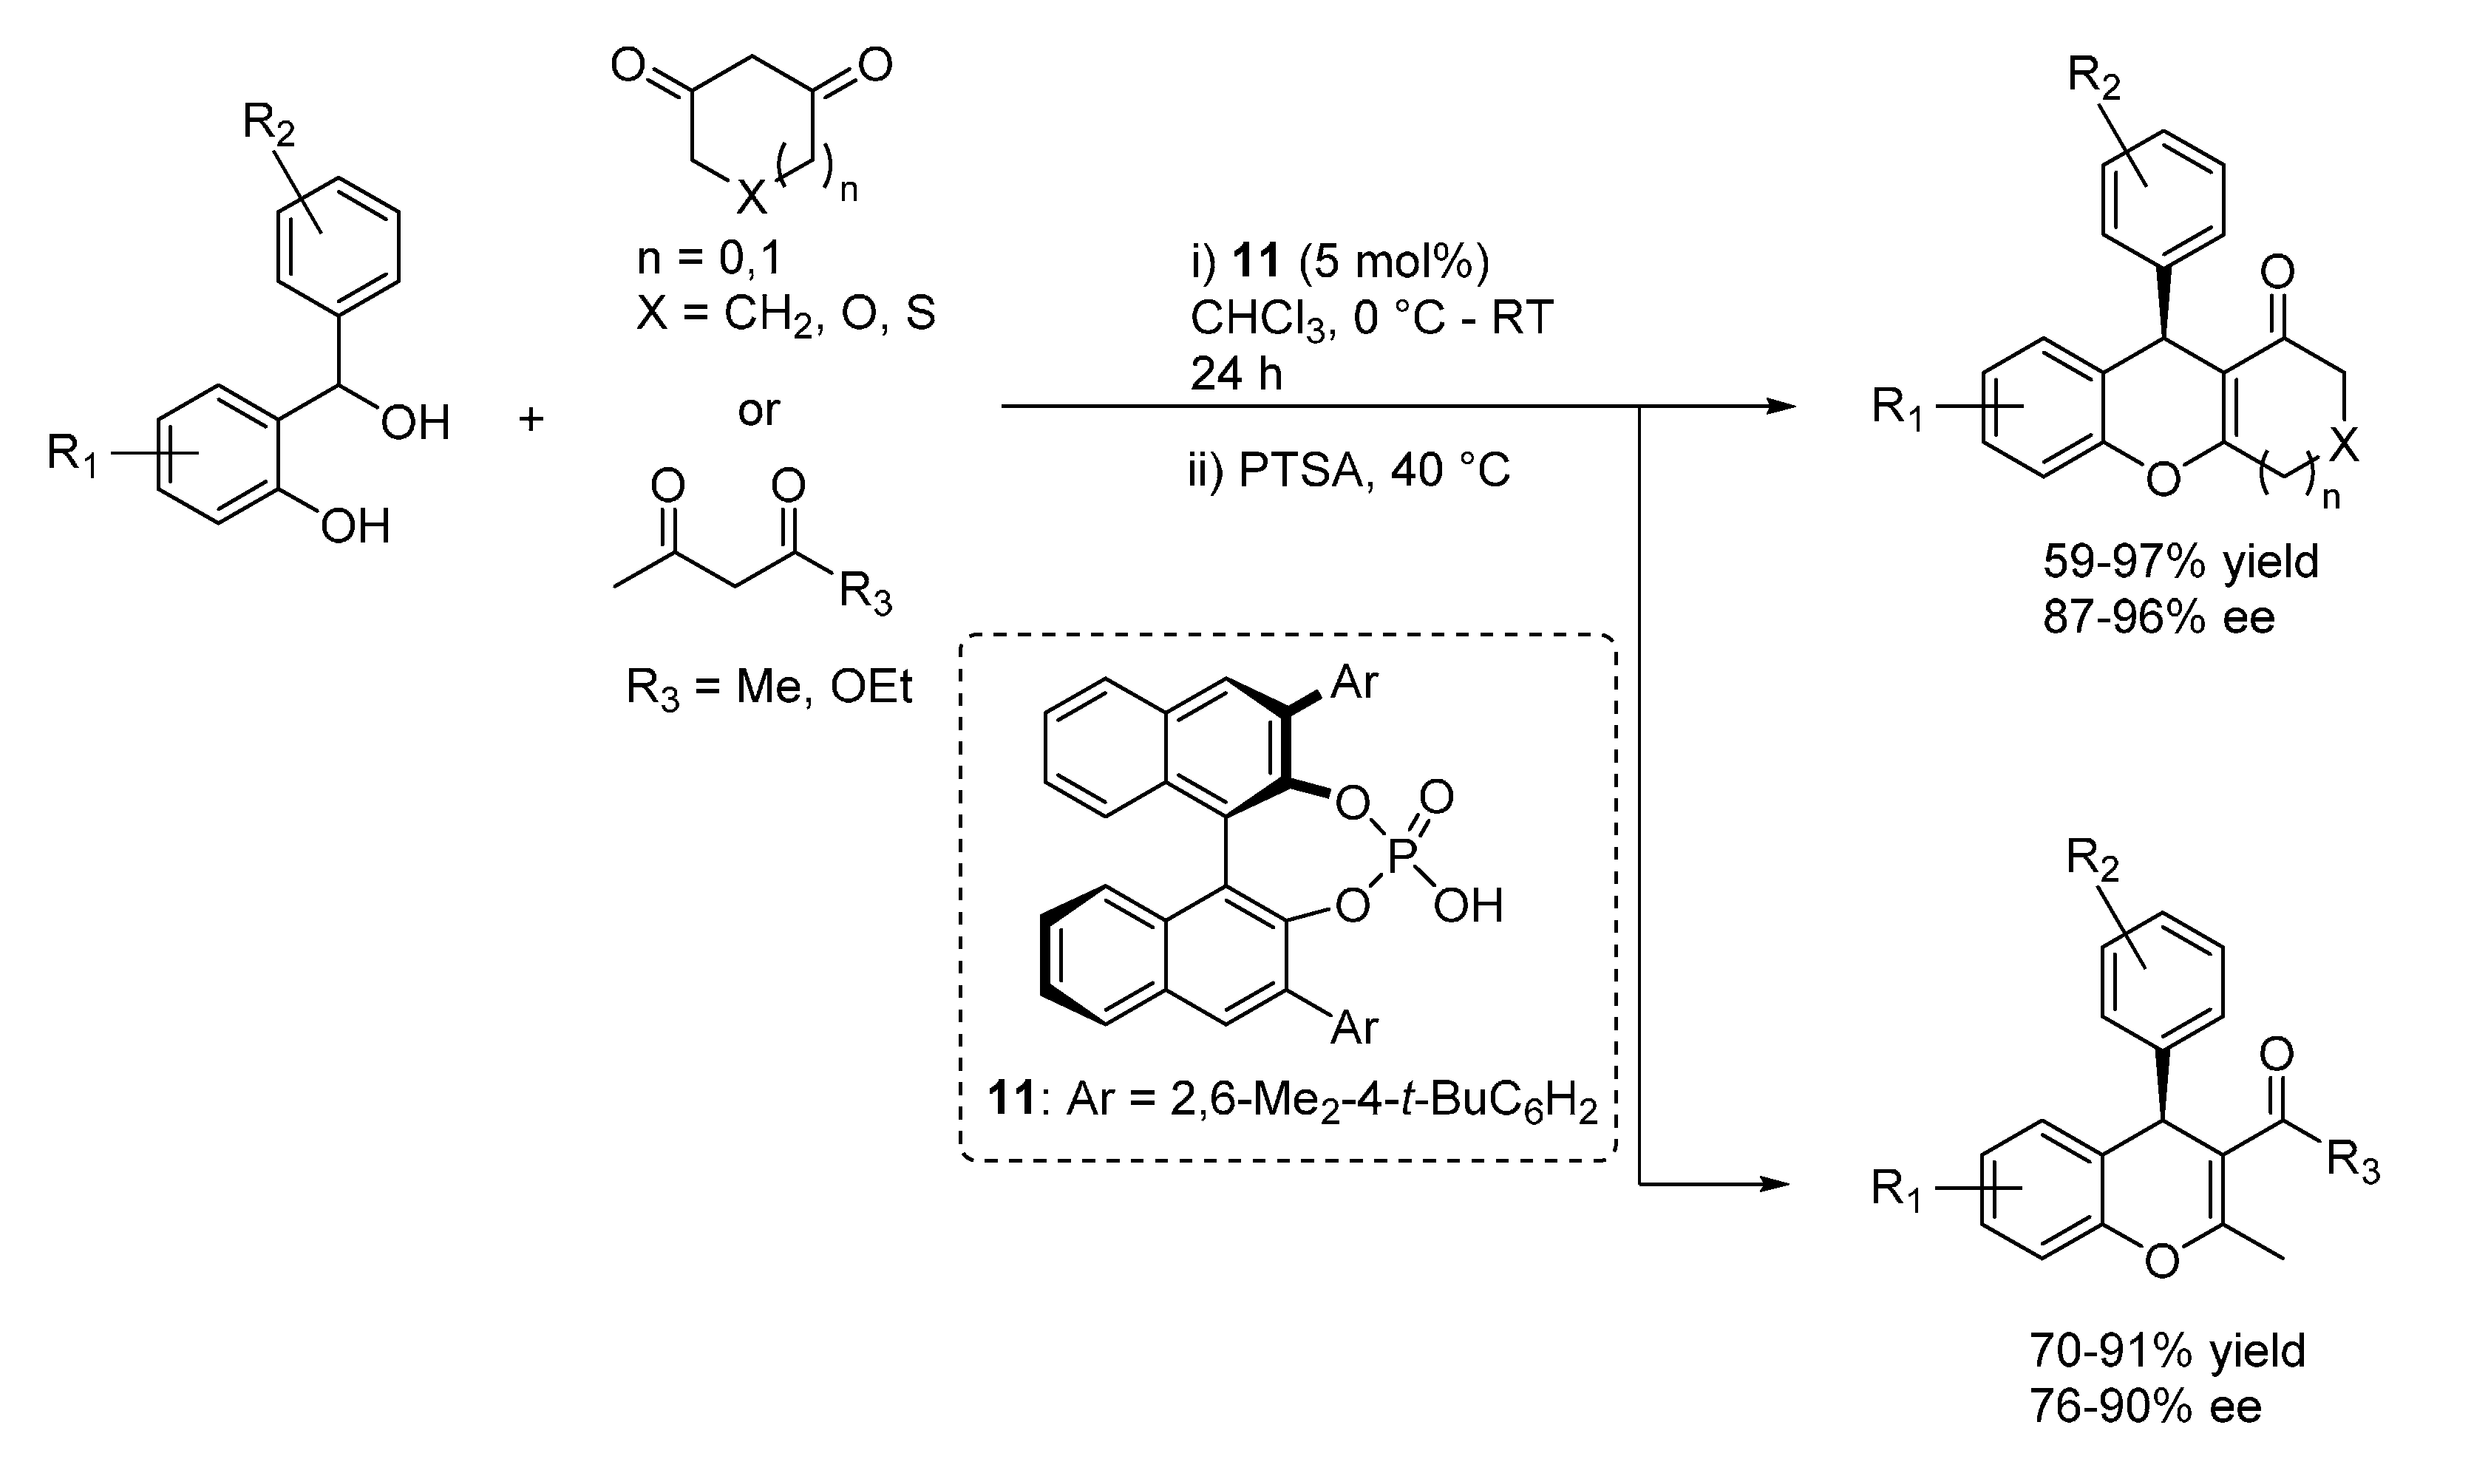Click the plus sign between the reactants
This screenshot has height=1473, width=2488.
coord(532,419)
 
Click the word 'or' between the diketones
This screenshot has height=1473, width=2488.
coord(758,410)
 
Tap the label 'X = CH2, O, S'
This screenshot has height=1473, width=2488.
coord(785,315)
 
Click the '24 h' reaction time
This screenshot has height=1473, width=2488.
coord(1237,374)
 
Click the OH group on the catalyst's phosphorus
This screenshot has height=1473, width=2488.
coord(1468,905)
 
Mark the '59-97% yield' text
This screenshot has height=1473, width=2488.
coord(2181,562)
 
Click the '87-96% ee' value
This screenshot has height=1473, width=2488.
coord(2158,617)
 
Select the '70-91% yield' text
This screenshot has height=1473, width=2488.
coord(2166,1351)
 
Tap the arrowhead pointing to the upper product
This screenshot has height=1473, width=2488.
coord(1782,406)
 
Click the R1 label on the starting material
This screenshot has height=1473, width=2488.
coord(73,455)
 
